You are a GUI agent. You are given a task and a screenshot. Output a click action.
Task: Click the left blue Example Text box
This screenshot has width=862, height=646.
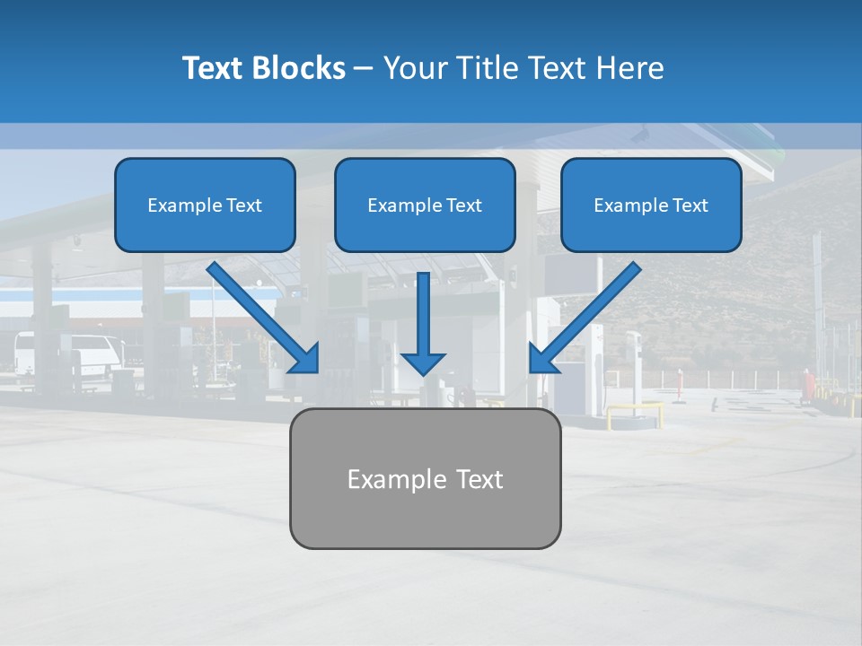click(x=205, y=205)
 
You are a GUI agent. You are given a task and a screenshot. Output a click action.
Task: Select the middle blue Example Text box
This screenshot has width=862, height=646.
click(x=425, y=205)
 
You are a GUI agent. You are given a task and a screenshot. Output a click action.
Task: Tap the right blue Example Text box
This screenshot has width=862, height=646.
click(x=651, y=205)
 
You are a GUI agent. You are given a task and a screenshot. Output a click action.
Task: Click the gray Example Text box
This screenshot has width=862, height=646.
click(x=425, y=478)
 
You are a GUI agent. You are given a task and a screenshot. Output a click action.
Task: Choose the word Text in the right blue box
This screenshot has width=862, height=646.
click(x=690, y=205)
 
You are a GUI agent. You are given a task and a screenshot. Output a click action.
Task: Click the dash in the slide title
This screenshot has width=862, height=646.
click(x=364, y=69)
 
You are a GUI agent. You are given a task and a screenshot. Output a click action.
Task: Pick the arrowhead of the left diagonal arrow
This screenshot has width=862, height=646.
click(x=306, y=360)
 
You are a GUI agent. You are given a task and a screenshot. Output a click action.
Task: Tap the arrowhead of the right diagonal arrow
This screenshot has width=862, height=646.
click(x=542, y=360)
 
